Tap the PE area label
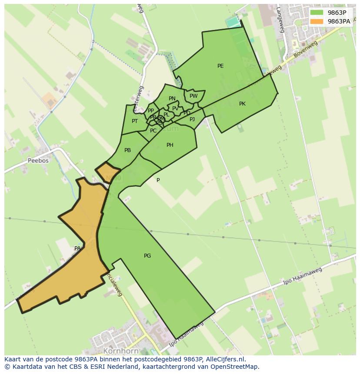tap(220, 66)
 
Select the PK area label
tap(242, 104)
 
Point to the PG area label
tap(147, 256)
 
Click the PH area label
tap(170, 145)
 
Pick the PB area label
tap(127, 150)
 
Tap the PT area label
tap(135, 121)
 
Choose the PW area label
tap(193, 96)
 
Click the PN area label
tap(172, 99)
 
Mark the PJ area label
tap(192, 119)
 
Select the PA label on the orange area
tap(77, 248)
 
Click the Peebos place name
tap(38, 160)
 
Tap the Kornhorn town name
tap(121, 351)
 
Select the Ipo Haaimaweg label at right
tap(303, 276)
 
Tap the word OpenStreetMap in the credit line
tap(235, 367)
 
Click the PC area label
tap(153, 131)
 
